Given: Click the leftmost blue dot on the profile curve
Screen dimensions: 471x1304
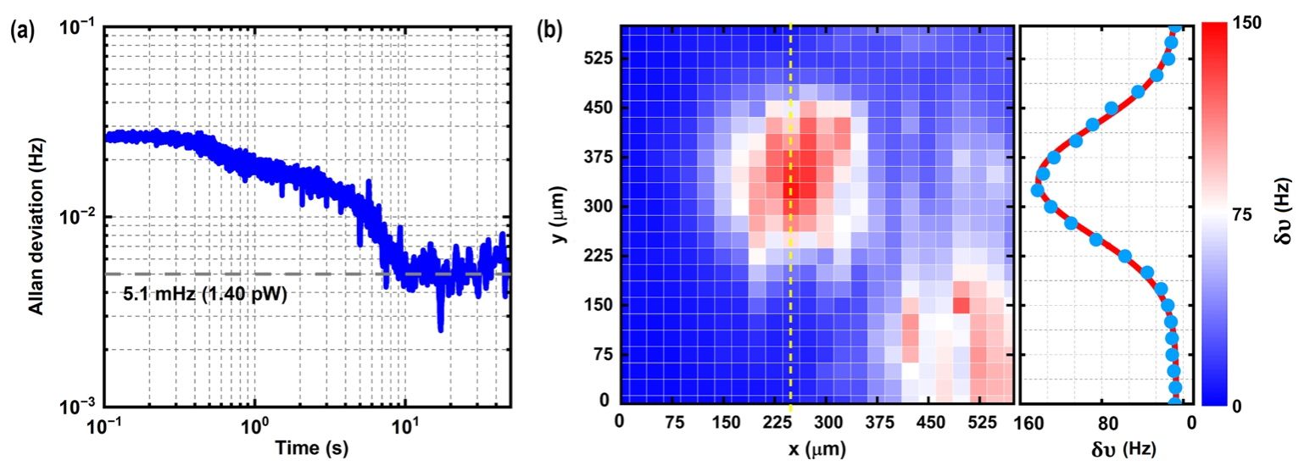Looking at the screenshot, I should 1036,190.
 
